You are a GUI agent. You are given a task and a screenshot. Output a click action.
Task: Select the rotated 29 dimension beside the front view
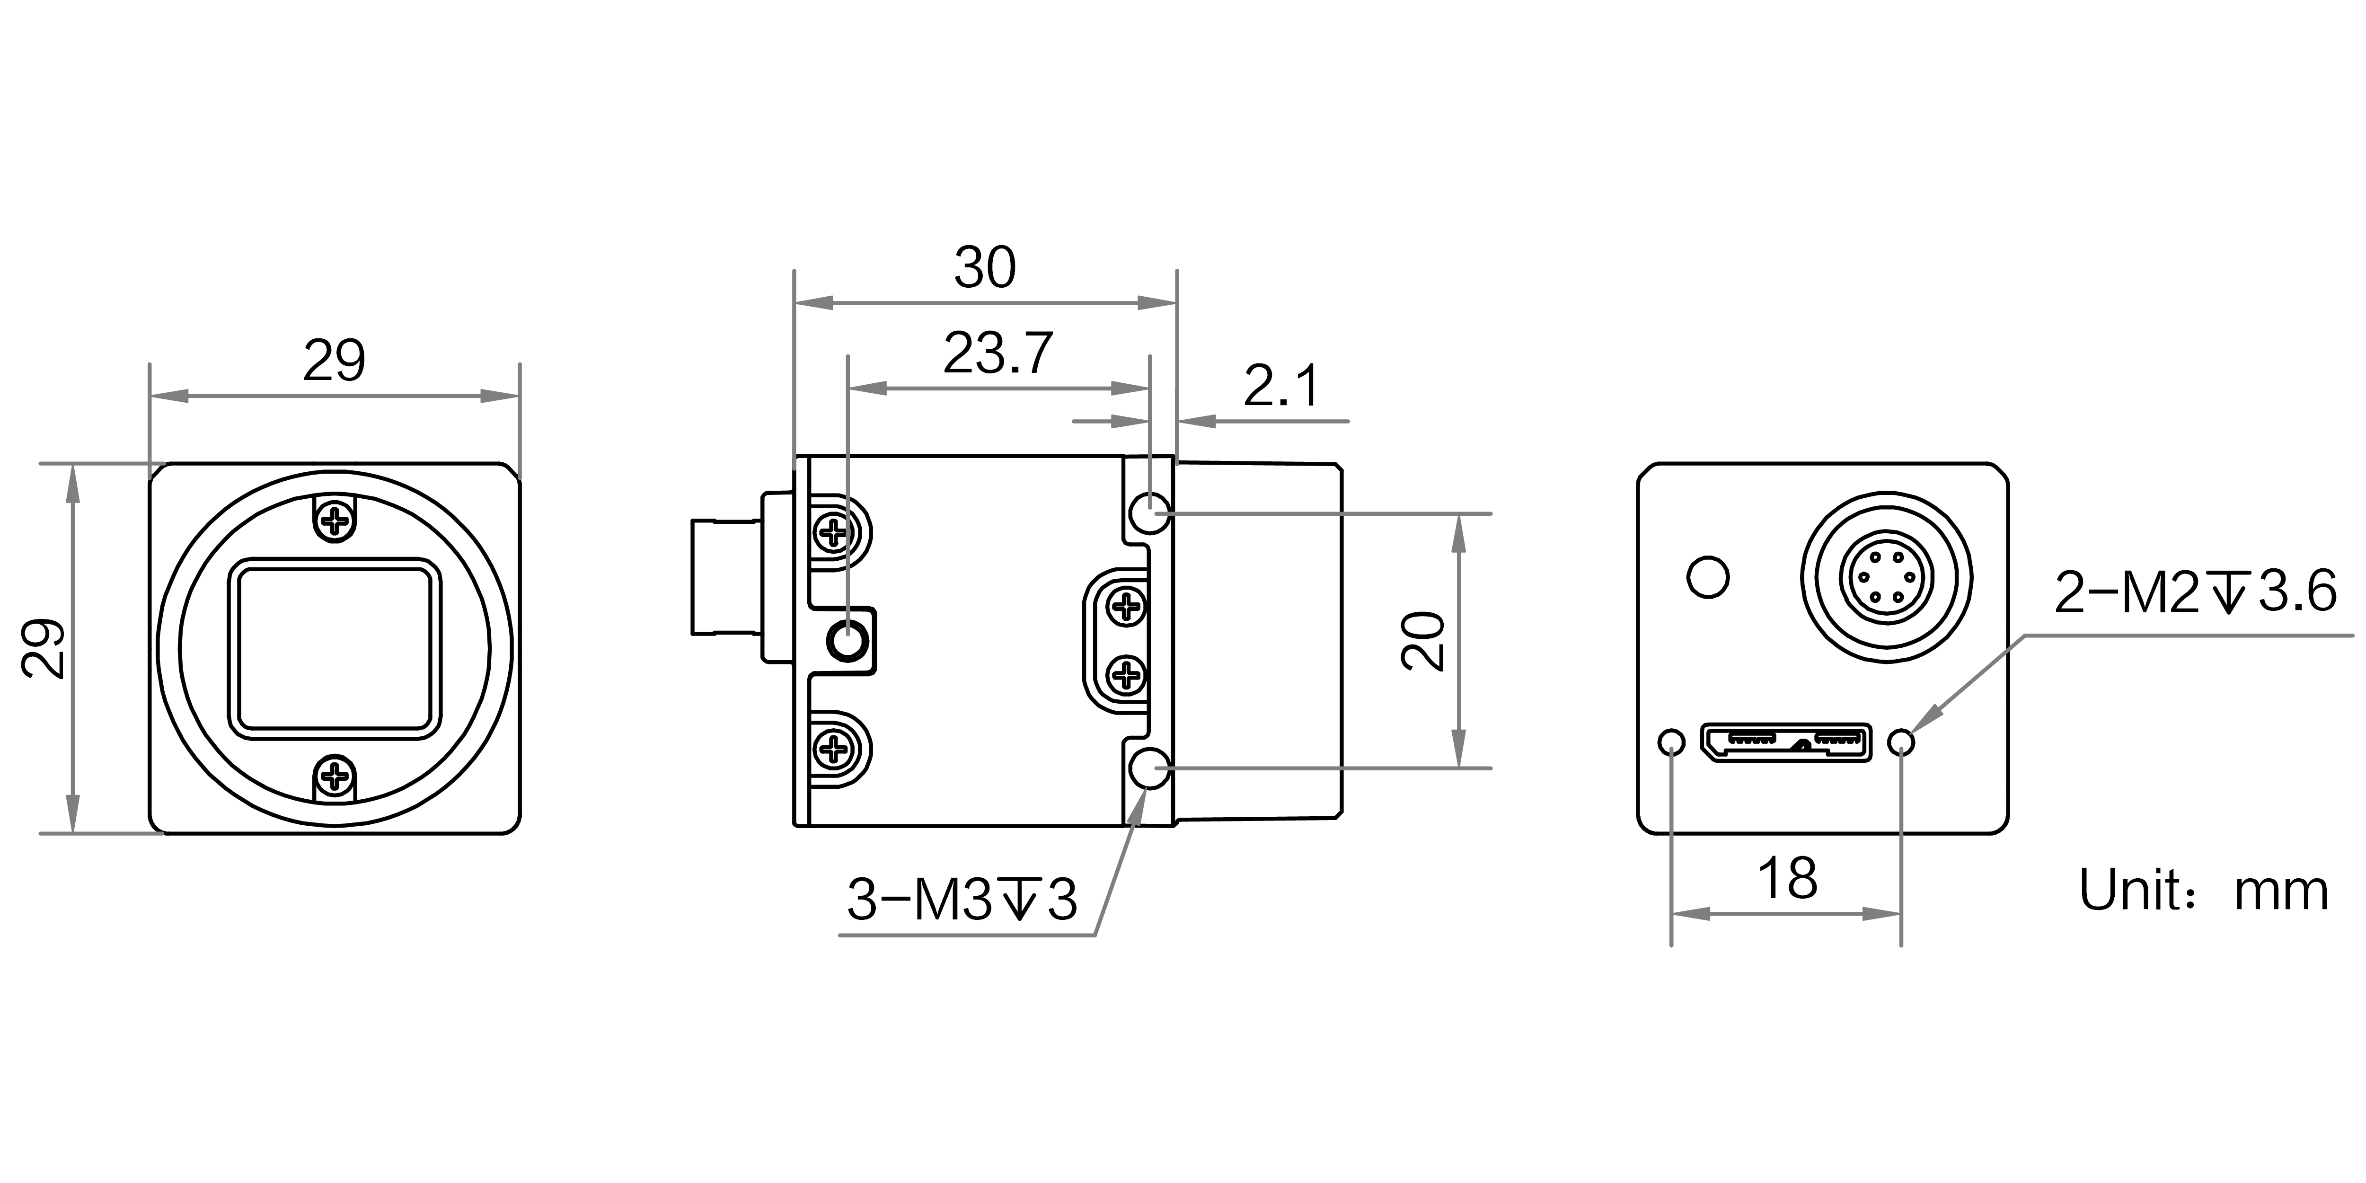pos(44,648)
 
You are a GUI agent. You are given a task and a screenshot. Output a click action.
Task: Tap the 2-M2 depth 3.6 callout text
pos(2195,592)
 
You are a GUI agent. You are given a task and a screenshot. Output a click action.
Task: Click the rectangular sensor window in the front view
pos(335,648)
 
